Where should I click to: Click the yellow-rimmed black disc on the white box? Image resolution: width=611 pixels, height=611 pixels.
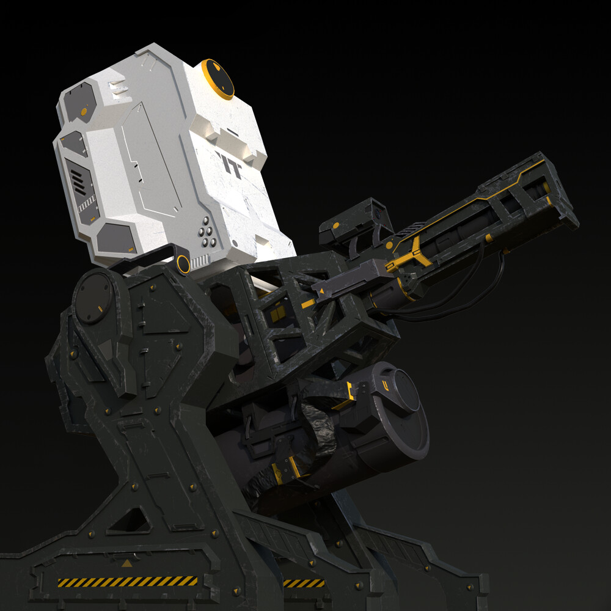click(218, 79)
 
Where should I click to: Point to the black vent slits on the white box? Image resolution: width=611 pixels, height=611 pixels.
click(75, 181)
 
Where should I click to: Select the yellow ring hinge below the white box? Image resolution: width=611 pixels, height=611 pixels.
click(183, 264)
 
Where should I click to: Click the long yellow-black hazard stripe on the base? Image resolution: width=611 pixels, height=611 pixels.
click(128, 581)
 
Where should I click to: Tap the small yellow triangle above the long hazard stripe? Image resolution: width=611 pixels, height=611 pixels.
click(126, 563)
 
